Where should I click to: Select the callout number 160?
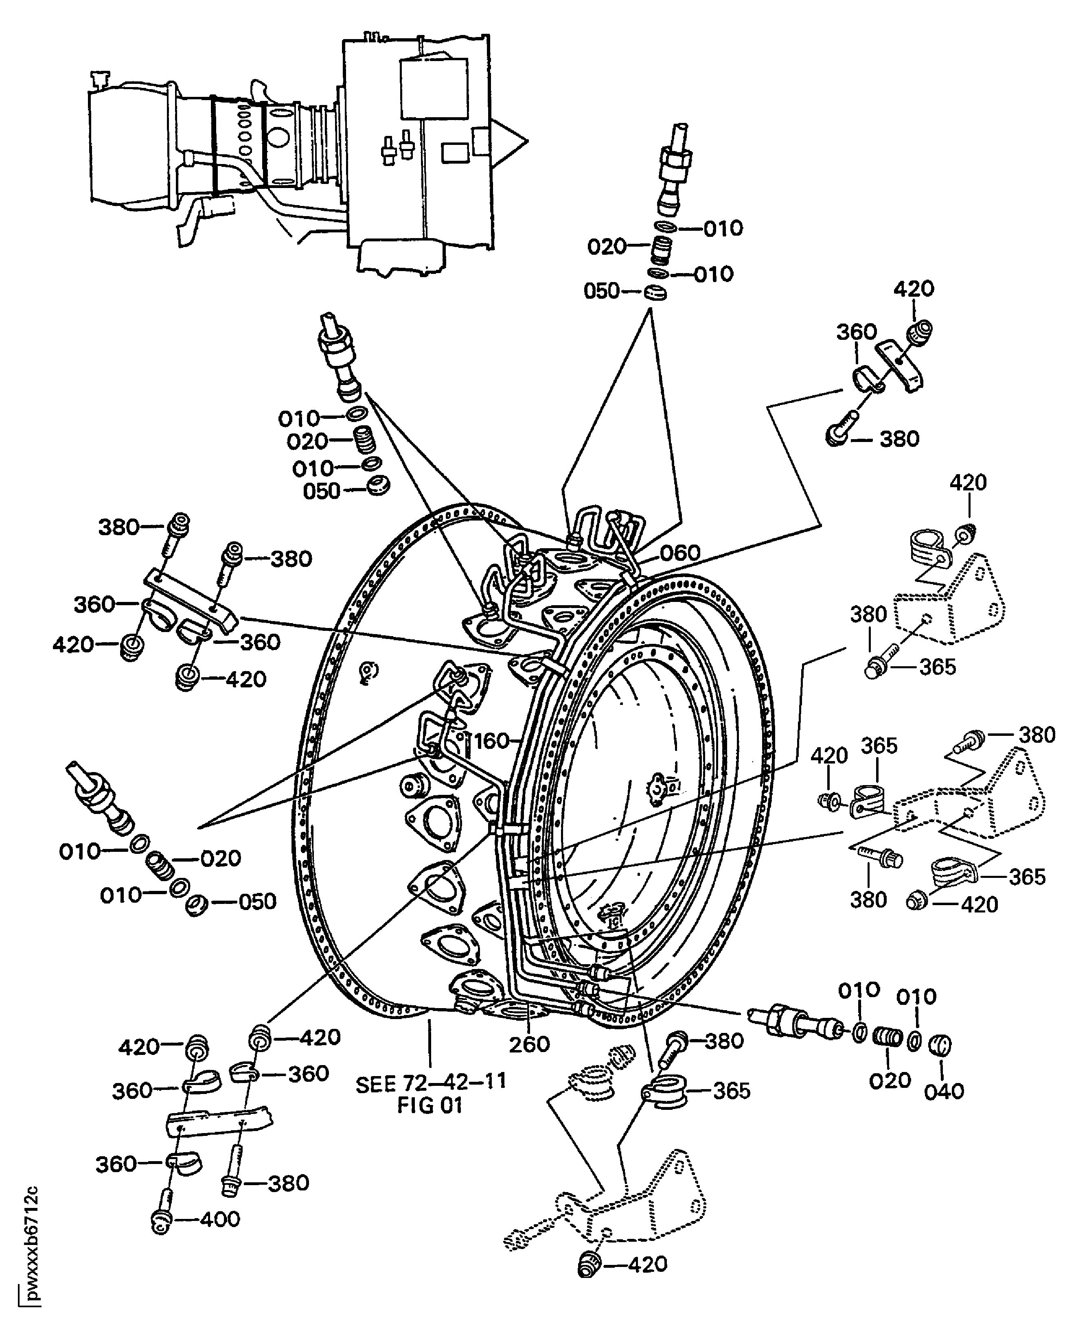pyautogui.click(x=491, y=741)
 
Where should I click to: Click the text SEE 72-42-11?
pyautogui.click(x=431, y=1082)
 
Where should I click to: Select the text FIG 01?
pyautogui.click(x=430, y=1105)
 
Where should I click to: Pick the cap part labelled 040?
pyautogui.click(x=940, y=1047)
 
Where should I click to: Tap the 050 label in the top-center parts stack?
pyautogui.click(x=601, y=291)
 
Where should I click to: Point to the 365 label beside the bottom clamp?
pyautogui.click(x=732, y=1091)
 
